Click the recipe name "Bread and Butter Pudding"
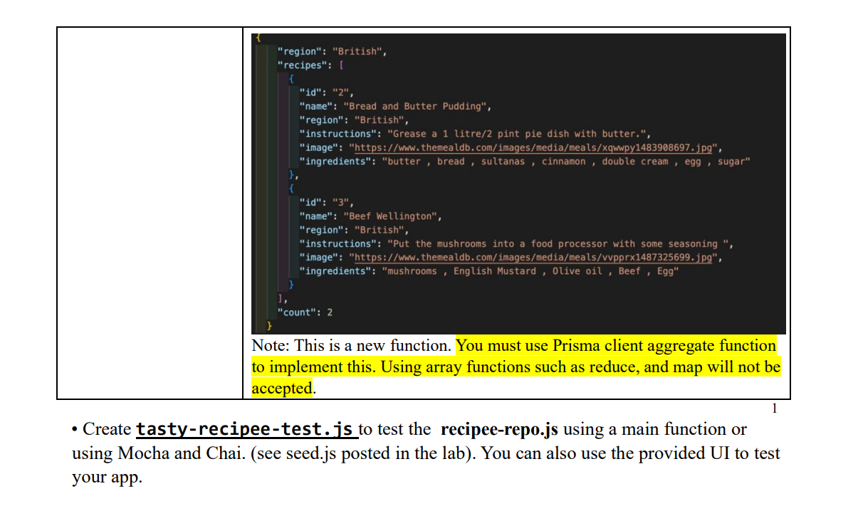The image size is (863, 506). [415, 106]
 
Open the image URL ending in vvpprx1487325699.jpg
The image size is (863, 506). [535, 257]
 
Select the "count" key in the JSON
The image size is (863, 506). [294, 312]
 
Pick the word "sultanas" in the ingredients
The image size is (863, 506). [503, 162]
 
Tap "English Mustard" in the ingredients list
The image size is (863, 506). [495, 271]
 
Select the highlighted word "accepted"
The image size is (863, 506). [282, 389]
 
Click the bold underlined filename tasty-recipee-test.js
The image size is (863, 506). [244, 429]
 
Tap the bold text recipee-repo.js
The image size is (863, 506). [499, 429]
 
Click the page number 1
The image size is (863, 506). [775, 409]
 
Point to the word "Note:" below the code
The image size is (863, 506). [271, 346]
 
